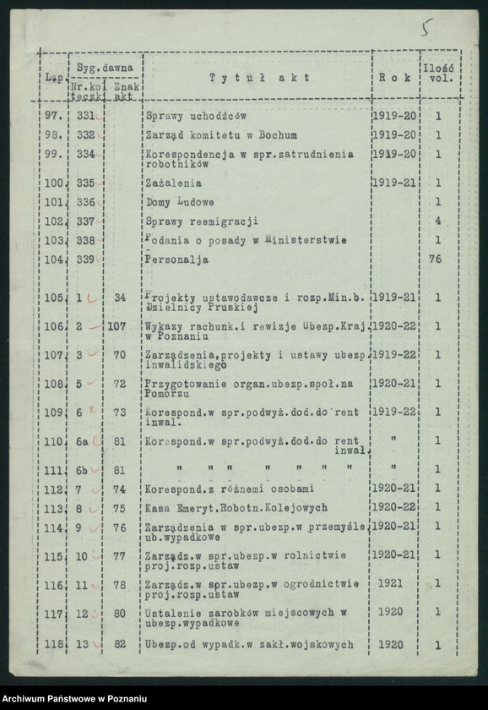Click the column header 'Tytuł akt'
point(258,78)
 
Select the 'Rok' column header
point(395,78)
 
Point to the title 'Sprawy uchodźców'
point(196,116)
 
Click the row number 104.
point(54,260)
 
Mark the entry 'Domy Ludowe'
point(180,202)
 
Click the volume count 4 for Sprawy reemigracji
point(437,221)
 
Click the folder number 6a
point(83,440)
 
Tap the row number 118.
point(54,646)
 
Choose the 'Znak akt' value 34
point(120,298)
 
